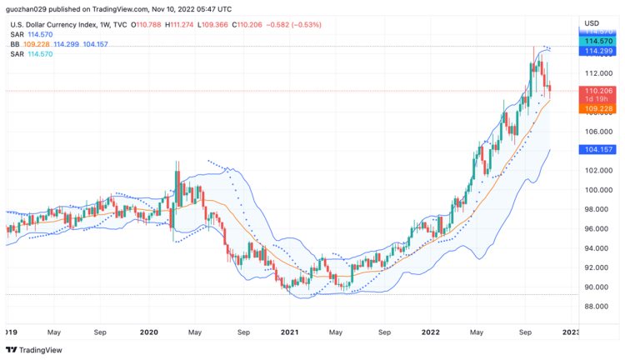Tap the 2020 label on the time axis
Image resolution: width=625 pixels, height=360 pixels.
tap(149, 332)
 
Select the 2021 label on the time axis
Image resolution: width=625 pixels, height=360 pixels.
tap(290, 332)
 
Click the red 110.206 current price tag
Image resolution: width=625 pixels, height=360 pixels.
tap(599, 91)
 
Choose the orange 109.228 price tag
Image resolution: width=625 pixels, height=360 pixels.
tap(599, 108)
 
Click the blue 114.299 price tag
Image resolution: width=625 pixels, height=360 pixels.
tap(599, 51)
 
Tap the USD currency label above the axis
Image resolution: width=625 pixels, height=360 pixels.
tap(592, 22)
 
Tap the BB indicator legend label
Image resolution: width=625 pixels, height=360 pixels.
tap(15, 43)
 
